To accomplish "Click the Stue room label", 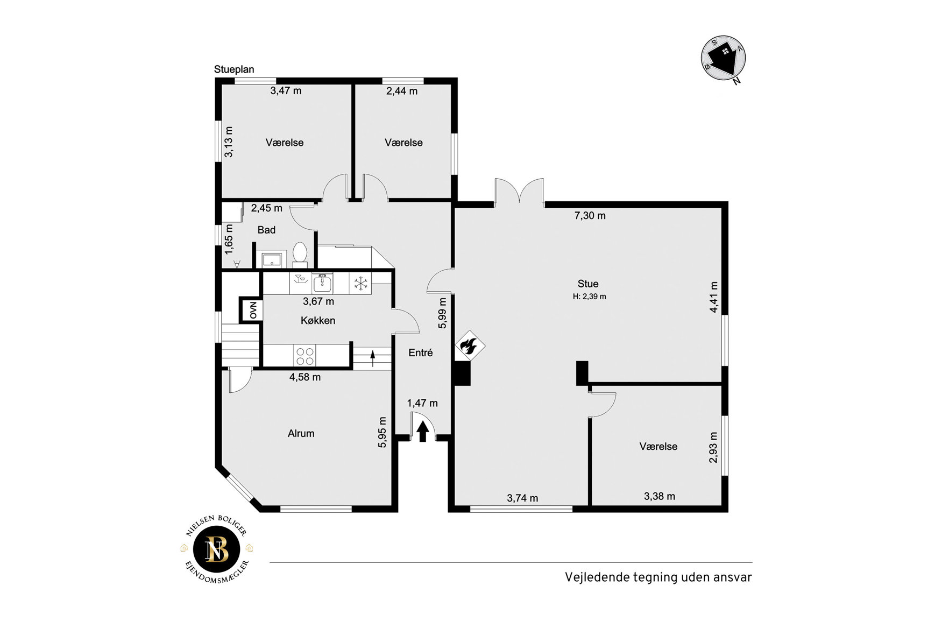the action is (x=588, y=284).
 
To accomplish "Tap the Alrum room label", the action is (x=301, y=433).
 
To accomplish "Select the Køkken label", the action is (x=318, y=320).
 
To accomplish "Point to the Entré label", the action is (x=421, y=352).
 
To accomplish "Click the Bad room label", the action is (x=266, y=230).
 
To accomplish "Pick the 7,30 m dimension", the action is (x=590, y=216).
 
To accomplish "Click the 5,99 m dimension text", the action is (x=442, y=313).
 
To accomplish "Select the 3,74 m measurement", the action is (x=522, y=498).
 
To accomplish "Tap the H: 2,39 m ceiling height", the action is (x=590, y=297).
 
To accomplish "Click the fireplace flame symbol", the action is (x=470, y=345).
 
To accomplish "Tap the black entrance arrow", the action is (x=423, y=432).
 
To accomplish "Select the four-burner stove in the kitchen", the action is (x=305, y=356).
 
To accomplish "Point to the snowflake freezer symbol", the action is (x=360, y=283).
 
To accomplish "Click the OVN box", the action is (x=253, y=310).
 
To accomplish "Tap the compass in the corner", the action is (x=724, y=58).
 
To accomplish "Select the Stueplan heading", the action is (x=234, y=69).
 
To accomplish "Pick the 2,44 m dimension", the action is (x=402, y=91).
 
